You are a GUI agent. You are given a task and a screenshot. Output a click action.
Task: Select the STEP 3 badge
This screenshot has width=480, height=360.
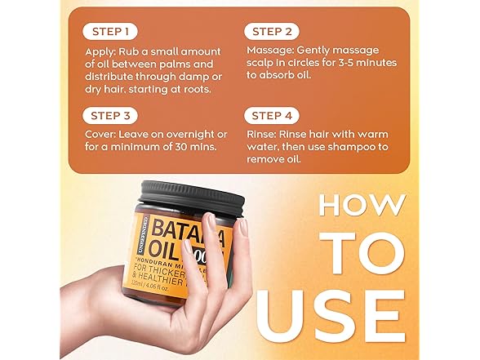coord(109,115)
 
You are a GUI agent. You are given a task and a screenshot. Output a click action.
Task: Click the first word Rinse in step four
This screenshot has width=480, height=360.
coord(262,133)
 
